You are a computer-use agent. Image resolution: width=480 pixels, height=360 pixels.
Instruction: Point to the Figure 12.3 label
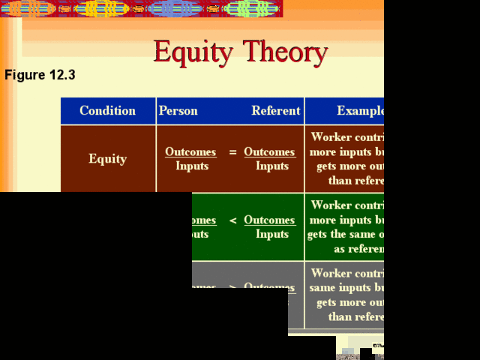point(40,75)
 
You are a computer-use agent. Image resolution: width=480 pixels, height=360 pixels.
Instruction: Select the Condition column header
point(107,111)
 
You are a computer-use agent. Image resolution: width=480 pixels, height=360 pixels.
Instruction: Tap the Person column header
point(178,111)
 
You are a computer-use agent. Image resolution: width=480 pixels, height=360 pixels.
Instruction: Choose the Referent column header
point(275,111)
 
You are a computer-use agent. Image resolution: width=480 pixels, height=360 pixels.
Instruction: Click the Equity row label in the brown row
point(107,159)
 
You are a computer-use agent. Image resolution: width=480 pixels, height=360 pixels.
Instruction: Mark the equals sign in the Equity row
point(232,152)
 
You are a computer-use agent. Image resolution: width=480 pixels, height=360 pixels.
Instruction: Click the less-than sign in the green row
point(232,220)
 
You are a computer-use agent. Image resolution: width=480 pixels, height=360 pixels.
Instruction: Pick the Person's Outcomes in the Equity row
point(190,152)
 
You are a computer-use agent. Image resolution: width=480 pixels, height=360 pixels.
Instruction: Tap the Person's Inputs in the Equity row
point(192,166)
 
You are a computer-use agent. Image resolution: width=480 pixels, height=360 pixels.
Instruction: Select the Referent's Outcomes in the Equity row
point(269,152)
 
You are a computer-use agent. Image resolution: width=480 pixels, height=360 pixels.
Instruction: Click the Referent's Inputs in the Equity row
point(271,166)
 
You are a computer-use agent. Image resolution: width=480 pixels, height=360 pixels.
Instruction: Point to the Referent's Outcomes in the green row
point(269,220)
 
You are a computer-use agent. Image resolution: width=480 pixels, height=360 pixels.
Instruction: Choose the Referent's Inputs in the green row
point(271,235)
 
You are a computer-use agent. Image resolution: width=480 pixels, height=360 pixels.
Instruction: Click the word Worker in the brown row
point(331,137)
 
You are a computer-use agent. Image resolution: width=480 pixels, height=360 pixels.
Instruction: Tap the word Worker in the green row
point(331,205)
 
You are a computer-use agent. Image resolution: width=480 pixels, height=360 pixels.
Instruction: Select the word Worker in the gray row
point(331,274)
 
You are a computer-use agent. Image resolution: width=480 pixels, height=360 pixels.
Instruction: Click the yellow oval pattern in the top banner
point(101,8)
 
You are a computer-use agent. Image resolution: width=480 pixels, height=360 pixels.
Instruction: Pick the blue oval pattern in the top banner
point(174,8)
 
